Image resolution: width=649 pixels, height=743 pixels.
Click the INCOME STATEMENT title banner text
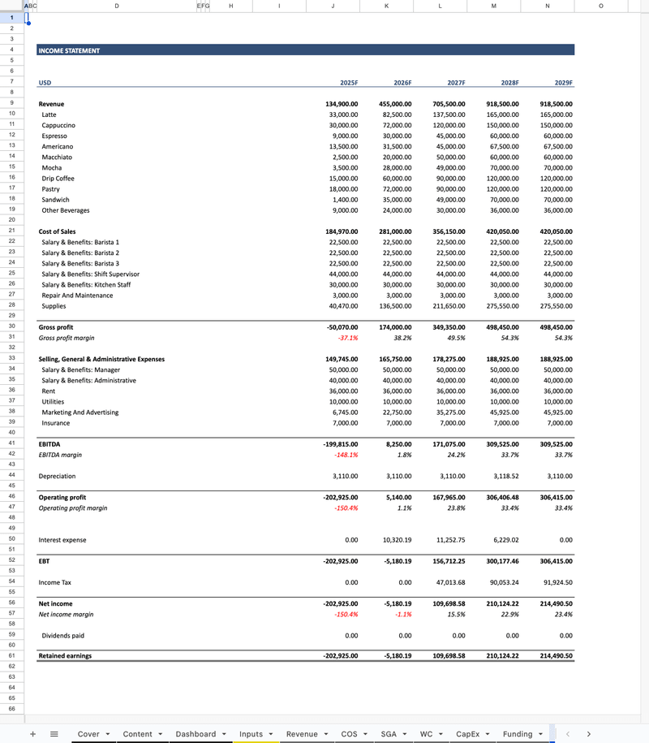click(69, 50)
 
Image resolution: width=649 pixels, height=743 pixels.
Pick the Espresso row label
click(55, 136)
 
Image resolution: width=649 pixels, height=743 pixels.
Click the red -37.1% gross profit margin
click(347, 338)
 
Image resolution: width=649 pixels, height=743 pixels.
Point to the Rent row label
click(49, 391)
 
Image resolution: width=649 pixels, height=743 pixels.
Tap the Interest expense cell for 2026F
click(396, 540)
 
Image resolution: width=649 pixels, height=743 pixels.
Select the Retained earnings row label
click(65, 655)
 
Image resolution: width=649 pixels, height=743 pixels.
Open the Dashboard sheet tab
click(196, 734)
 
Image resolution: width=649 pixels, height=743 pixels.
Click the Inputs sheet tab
click(251, 734)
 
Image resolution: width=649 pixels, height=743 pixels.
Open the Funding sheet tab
click(518, 734)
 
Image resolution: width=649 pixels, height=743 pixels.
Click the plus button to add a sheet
click(33, 734)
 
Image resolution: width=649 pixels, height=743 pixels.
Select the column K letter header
click(385, 6)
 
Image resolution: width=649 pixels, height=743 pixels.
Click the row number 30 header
click(12, 327)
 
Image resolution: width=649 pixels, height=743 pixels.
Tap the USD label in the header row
click(45, 83)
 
